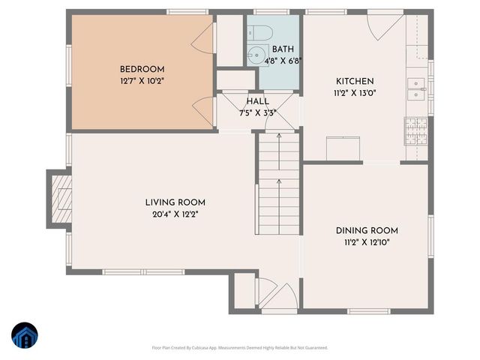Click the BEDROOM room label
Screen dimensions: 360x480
(142, 69)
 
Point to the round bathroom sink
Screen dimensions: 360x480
(256, 55)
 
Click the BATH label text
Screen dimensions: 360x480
(273, 49)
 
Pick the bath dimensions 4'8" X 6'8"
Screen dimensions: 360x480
(273, 61)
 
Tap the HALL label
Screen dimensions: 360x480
(257, 101)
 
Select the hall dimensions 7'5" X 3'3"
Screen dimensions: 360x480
(257, 113)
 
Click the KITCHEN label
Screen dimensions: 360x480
(355, 81)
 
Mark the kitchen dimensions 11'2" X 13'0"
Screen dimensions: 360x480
(355, 93)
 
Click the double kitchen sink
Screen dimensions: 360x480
(417, 88)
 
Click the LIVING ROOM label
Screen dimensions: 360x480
(175, 202)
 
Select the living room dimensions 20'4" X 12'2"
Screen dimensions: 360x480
(175, 214)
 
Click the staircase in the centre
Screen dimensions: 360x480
(279, 184)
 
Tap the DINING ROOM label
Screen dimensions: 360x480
(366, 231)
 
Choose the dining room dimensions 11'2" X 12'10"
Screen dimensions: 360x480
(366, 242)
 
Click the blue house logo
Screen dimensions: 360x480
(23, 337)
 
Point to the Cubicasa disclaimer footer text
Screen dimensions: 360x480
(239, 348)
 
